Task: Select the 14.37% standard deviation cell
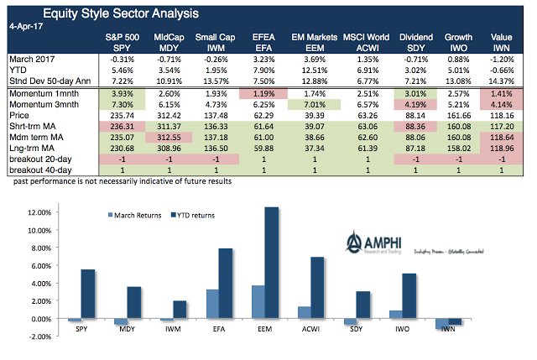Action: (x=502, y=81)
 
